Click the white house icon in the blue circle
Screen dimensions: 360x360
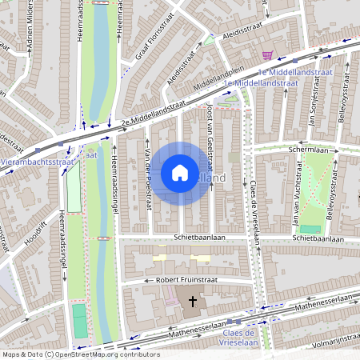(x=179, y=173)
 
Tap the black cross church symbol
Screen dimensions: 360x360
(x=192, y=302)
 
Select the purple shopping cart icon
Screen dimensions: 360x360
(x=267, y=54)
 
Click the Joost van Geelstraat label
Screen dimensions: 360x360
(x=210, y=132)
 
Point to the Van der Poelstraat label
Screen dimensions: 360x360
(x=147, y=180)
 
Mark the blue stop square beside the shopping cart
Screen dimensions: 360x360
(x=294, y=60)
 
